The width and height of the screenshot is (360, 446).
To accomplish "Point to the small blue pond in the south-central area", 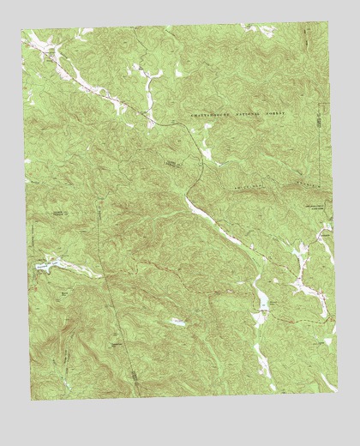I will pyautogui.click(x=177, y=322).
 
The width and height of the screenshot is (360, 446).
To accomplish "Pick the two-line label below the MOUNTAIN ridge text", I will pyautogui.click(x=311, y=207).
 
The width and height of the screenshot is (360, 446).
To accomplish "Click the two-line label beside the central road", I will pyautogui.click(x=174, y=162).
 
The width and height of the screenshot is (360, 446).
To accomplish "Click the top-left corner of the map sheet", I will pyautogui.click(x=22, y=28).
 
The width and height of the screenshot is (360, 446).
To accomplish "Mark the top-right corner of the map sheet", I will pyautogui.click(x=328, y=23).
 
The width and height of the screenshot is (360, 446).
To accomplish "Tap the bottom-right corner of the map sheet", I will pyautogui.click(x=337, y=393).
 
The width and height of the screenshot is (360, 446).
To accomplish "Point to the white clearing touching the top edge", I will pyautogui.click(x=261, y=29).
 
